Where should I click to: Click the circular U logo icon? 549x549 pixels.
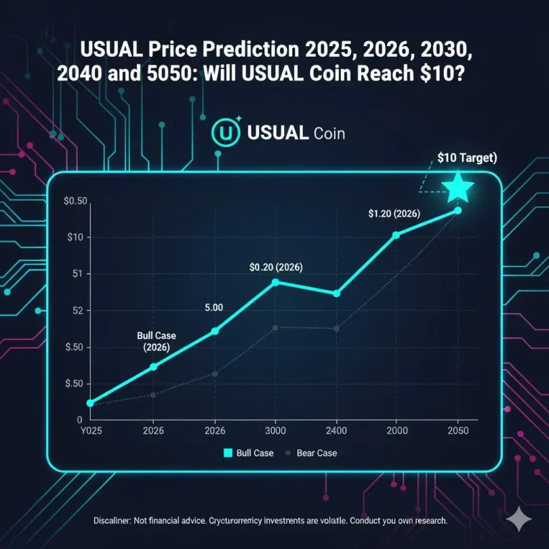(x=226, y=132)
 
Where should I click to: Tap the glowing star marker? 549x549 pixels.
(x=458, y=187)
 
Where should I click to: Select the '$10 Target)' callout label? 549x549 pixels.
(x=468, y=158)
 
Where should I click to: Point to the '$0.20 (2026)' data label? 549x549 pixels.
(x=276, y=267)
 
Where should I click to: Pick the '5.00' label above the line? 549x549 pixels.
(x=213, y=307)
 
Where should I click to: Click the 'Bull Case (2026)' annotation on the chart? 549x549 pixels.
(x=153, y=342)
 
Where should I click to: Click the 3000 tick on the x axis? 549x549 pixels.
(x=275, y=431)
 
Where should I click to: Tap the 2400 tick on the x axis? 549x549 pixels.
(x=336, y=431)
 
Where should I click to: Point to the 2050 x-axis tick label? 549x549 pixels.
(x=457, y=431)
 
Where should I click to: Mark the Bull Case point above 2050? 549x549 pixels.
(x=458, y=210)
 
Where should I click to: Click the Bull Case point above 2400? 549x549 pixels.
(x=336, y=293)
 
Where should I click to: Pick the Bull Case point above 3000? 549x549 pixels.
(x=275, y=282)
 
